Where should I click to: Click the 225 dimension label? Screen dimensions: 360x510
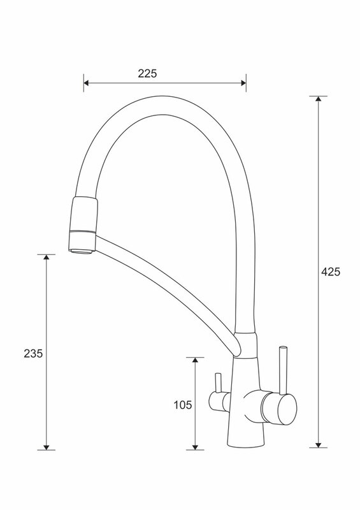click(x=147, y=73)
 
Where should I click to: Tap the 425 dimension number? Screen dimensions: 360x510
click(x=331, y=272)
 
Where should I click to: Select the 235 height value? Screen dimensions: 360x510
click(x=33, y=353)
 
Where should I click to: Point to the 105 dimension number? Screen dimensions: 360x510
click(x=183, y=405)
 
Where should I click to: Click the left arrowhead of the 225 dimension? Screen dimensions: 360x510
click(x=87, y=83)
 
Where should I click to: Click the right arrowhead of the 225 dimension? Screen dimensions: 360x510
click(x=243, y=83)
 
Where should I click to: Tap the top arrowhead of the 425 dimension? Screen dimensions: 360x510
click(x=319, y=99)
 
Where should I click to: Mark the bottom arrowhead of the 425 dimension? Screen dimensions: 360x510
click(x=319, y=445)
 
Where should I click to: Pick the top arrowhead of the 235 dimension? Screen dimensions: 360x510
click(x=46, y=257)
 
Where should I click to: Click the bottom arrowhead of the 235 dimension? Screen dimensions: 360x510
click(x=46, y=448)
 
